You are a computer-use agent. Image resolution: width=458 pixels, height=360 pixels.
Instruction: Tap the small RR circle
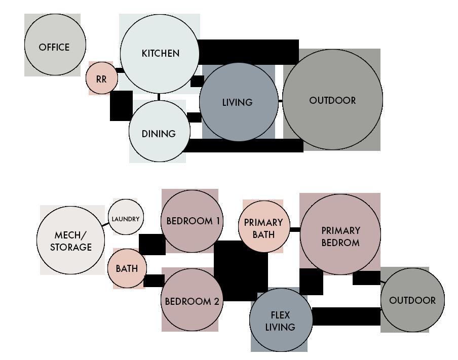click(x=102, y=78)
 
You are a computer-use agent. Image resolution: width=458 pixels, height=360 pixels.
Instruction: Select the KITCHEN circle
click(x=160, y=53)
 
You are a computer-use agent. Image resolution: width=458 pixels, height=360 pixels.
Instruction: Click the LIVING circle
click(x=238, y=102)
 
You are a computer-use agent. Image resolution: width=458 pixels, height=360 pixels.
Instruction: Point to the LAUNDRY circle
click(x=126, y=218)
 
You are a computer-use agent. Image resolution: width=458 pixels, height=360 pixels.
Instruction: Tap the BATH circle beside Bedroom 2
click(x=126, y=268)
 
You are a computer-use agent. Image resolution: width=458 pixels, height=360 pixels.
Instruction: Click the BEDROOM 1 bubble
click(x=193, y=221)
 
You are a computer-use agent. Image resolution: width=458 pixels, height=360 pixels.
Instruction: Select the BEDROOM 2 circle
click(x=192, y=301)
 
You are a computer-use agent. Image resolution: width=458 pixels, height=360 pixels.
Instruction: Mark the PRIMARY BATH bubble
click(x=263, y=227)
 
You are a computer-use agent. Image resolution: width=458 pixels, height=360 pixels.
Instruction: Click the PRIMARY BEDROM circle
click(x=340, y=235)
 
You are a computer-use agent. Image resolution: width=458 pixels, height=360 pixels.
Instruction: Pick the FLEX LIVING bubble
click(x=280, y=321)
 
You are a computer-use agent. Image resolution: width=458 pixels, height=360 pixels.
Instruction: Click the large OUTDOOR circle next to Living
click(x=332, y=100)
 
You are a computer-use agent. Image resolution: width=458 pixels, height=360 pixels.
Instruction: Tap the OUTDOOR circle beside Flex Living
click(x=412, y=300)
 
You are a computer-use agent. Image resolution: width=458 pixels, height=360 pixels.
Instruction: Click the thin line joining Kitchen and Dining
click(x=159, y=97)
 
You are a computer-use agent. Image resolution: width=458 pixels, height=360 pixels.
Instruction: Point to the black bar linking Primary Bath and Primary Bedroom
click(x=294, y=230)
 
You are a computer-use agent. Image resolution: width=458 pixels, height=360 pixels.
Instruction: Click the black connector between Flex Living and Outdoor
click(x=346, y=316)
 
